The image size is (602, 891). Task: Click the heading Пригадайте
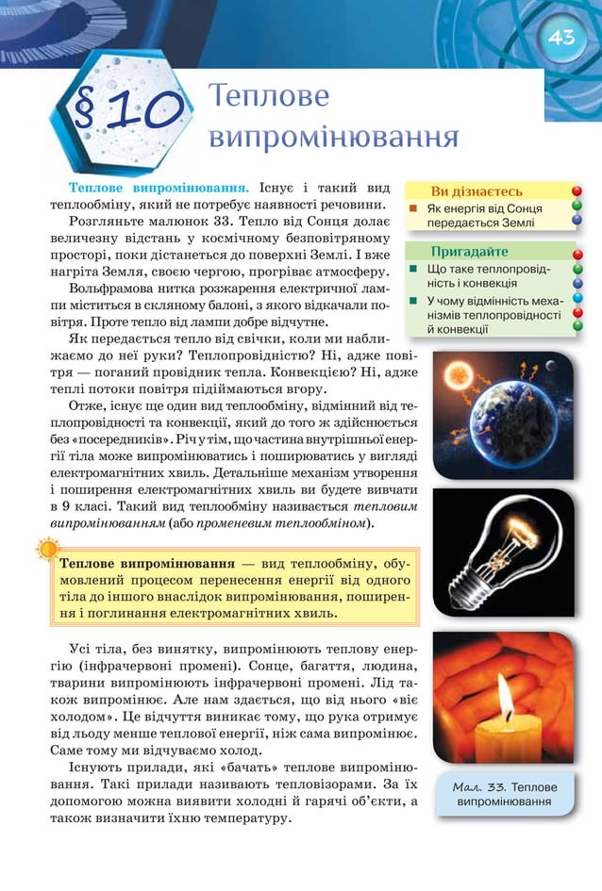469,252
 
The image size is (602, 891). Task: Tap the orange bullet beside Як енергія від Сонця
412,207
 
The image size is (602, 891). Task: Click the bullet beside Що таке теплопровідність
412,269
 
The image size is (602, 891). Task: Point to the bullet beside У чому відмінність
412,301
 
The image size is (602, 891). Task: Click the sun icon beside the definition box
44,549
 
